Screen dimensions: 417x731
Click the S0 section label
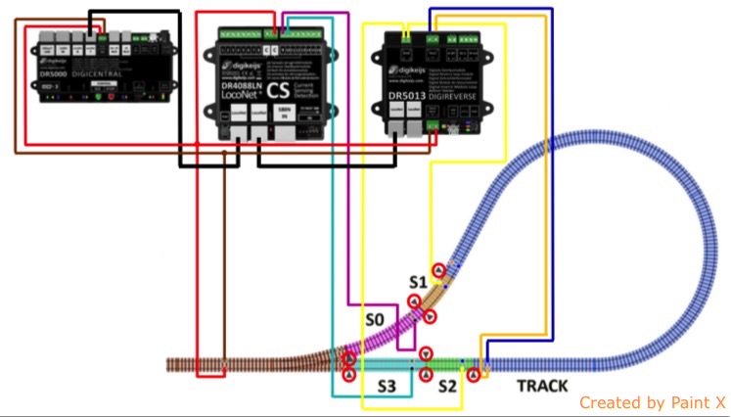[375, 319]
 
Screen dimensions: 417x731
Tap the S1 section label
[419, 283]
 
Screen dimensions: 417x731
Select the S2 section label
[447, 387]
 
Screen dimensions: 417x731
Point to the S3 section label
[387, 387]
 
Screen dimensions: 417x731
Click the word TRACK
[541, 386]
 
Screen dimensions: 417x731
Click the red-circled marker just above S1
[439, 270]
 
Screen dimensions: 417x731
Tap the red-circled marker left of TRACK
[475, 373]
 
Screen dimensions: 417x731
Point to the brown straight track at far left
[225, 364]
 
